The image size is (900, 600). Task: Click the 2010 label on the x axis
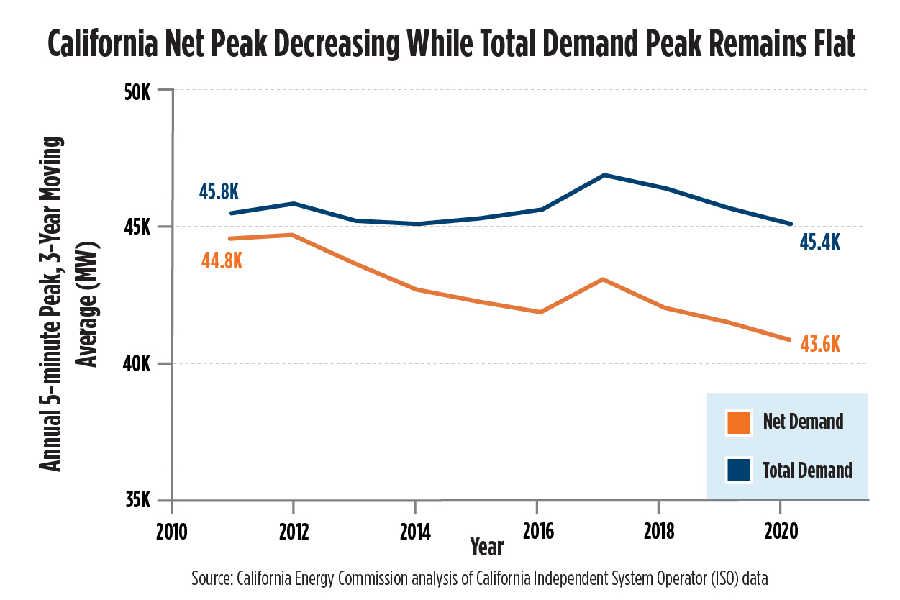tap(171, 532)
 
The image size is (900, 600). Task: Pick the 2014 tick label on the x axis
tap(414, 532)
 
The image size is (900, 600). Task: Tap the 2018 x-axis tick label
tap(658, 532)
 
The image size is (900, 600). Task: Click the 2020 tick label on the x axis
tap(781, 532)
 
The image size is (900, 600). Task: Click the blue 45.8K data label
tap(218, 192)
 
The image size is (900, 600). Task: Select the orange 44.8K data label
tap(222, 260)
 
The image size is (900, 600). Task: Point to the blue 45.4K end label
tap(819, 242)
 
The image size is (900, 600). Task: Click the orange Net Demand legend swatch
tap(738, 422)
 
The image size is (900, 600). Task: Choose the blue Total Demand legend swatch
tap(738, 470)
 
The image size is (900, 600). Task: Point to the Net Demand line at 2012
tap(293, 235)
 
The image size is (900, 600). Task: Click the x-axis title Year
tap(486, 547)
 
